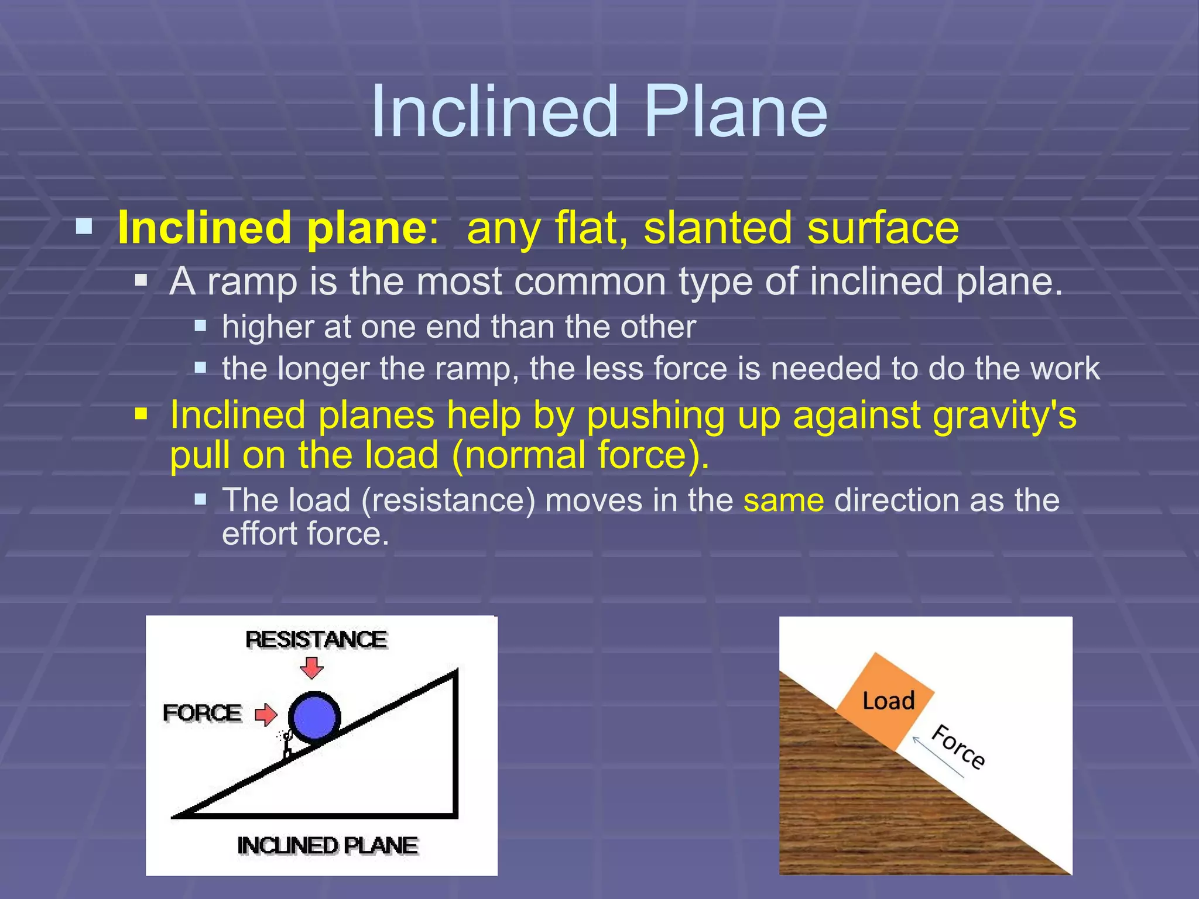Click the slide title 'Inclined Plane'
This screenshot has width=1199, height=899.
tap(599, 111)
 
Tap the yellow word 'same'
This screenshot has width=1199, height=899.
tap(783, 501)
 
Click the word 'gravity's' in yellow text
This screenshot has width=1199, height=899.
tap(1004, 416)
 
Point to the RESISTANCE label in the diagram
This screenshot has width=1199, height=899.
tap(316, 640)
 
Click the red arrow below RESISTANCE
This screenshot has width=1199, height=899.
tap(311, 667)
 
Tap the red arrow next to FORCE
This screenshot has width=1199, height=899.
tap(266, 714)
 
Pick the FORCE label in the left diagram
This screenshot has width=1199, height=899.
tap(202, 713)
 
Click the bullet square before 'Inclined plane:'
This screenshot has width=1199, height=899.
tap(84, 227)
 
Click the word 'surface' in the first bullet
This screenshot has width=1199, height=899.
tap(883, 228)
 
